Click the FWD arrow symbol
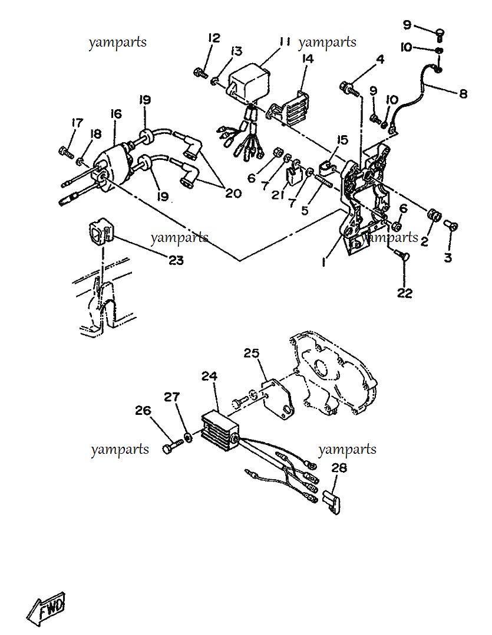pos(46,608)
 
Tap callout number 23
pos(176,260)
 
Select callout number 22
pos(405,293)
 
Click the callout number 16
pos(116,114)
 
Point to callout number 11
pos(285,42)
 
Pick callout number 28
pos(339,468)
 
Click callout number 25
pos(251,353)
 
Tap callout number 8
pos(463,94)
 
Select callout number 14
pos(308,59)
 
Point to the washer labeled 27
pos(188,437)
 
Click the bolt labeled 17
pos(67,152)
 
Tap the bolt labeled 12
pos(201,73)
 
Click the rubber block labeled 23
pos(101,231)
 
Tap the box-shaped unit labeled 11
pos(249,82)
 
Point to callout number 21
pos(278,195)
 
